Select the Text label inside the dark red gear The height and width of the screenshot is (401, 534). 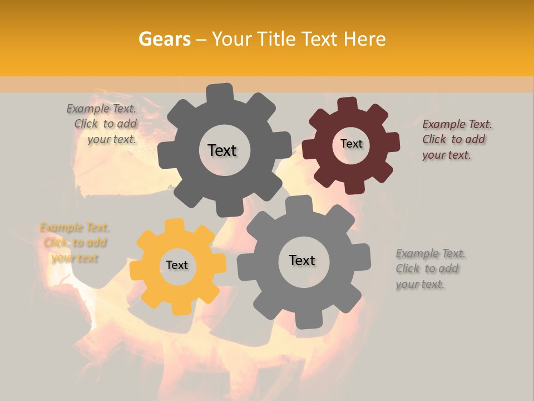click(351, 144)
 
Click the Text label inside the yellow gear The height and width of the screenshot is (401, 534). click(177, 265)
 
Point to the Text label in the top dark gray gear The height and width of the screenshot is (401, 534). click(222, 150)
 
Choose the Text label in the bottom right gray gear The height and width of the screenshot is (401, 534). click(302, 260)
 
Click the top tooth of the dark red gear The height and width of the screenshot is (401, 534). click(347, 104)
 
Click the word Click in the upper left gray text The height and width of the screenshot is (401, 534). click(86, 124)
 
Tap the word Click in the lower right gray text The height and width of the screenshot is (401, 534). click(407, 268)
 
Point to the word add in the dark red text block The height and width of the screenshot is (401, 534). click(474, 139)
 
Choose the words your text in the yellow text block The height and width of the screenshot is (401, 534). click(75, 258)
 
